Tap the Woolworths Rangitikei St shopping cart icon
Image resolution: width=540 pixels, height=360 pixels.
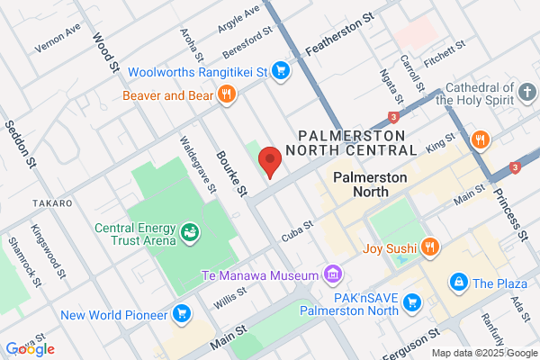[x=281, y=70]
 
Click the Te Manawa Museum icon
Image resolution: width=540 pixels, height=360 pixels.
[x=333, y=274]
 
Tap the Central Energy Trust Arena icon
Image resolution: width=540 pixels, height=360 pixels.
[x=190, y=233]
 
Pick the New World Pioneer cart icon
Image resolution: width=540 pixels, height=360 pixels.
[x=183, y=314]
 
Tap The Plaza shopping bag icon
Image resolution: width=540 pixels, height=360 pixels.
[x=459, y=283]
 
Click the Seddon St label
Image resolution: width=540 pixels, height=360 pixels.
[x=21, y=145]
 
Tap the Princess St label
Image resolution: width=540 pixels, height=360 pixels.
[x=513, y=217]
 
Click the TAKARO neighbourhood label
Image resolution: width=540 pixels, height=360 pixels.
[x=51, y=203]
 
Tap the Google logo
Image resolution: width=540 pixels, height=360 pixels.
[x=30, y=348]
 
